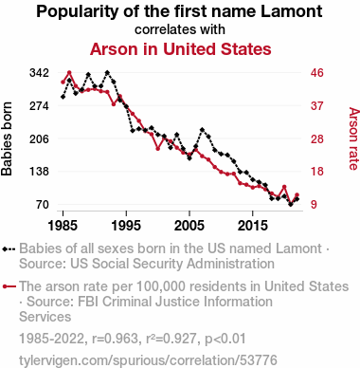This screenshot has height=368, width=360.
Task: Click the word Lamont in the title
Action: pos(292,11)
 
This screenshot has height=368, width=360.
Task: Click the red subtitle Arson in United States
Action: pos(181,49)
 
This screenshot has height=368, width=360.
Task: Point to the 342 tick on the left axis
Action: pos(40,73)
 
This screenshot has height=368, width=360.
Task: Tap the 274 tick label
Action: pos(40,105)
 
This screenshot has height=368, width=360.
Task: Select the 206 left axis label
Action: pos(40,138)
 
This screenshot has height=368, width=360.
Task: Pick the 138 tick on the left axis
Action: pos(40,172)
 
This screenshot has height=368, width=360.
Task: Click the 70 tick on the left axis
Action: pos(43,204)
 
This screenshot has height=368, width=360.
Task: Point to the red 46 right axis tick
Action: pos(317,73)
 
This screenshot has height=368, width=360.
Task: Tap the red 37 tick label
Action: pos(317,105)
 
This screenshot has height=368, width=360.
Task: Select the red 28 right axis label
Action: pos(317,138)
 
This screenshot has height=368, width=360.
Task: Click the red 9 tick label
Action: pos(314,204)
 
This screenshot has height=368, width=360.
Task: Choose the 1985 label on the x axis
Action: pos(63,226)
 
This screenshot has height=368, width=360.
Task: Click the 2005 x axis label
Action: pos(189,226)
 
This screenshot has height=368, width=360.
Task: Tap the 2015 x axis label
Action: pos(253,226)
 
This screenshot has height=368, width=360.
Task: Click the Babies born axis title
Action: pos(7,138)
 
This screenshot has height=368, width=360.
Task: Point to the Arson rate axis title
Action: pos(353,138)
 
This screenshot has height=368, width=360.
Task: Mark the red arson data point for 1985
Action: pos(63,83)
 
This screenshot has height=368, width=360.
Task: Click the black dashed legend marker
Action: pos(9,249)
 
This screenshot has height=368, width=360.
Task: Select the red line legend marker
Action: pos(9,286)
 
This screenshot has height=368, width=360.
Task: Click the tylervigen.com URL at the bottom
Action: pos(148,360)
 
